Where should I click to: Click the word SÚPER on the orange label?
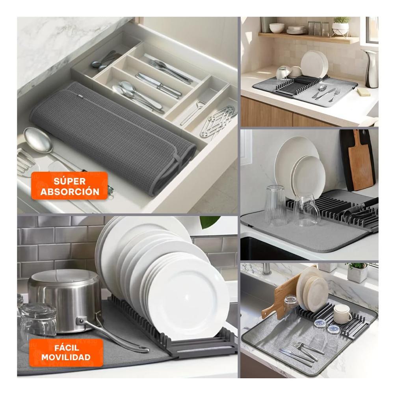(70, 181)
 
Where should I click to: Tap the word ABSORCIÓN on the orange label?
(70, 192)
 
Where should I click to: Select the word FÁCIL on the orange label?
(67, 348)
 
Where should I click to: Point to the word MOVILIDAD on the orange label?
(66, 357)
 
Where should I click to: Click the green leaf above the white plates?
(210, 221)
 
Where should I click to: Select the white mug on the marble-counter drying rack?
(342, 314)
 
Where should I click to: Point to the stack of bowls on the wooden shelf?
(277, 28)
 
